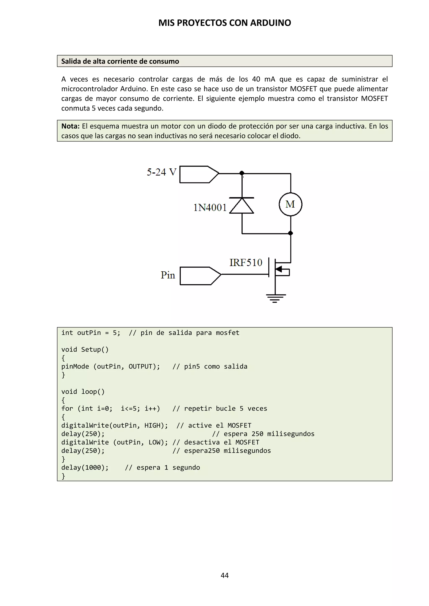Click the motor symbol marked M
click(290, 204)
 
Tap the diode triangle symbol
click(242, 206)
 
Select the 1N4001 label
click(210, 208)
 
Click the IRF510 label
click(246, 263)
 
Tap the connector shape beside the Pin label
click(200, 276)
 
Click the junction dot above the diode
click(242, 173)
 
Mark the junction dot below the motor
click(291, 233)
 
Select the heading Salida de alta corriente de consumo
click(120, 61)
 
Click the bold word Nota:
click(70, 126)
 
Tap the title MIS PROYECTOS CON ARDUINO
click(225, 23)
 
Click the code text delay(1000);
click(85, 467)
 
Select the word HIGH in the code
click(152, 425)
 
